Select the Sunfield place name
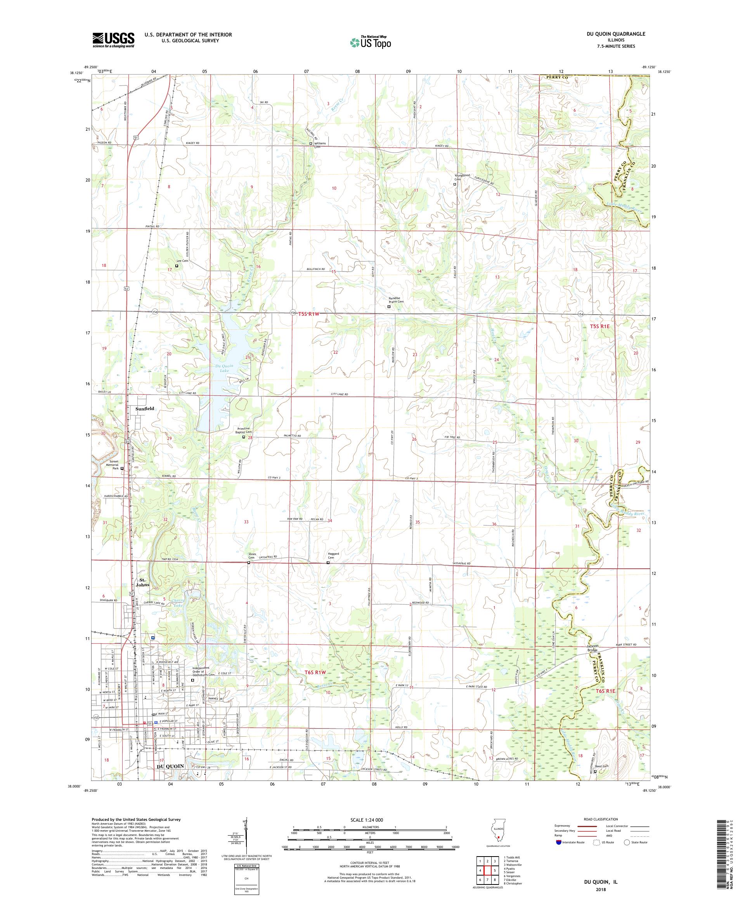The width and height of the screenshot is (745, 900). click(x=144, y=409)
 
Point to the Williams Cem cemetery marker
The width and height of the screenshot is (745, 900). click(x=311, y=144)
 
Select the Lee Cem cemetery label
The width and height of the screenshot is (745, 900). click(x=182, y=261)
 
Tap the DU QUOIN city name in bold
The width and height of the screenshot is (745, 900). click(x=170, y=766)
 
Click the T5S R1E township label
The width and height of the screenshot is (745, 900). click(x=599, y=326)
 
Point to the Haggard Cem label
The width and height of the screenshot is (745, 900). click(x=333, y=556)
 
